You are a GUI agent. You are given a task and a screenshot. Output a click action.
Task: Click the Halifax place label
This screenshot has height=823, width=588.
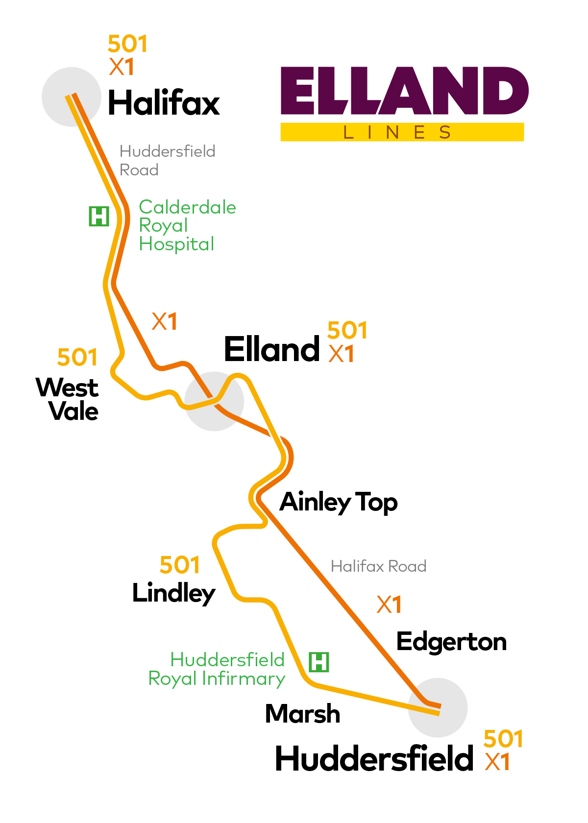click(164, 103)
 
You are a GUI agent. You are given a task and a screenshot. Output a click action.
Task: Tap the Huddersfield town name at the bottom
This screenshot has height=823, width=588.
click(374, 759)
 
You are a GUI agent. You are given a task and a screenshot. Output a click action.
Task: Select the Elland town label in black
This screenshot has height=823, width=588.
click(272, 349)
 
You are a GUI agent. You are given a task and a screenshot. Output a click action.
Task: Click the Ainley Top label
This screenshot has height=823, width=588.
click(339, 502)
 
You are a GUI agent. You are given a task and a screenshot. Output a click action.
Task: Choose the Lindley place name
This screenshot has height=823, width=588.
click(173, 593)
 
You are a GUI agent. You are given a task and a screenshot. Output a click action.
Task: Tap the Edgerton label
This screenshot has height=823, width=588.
click(451, 642)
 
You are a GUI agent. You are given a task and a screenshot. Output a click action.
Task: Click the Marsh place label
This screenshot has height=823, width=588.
click(302, 714)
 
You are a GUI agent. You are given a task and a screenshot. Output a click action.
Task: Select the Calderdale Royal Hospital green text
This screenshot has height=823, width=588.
click(187, 225)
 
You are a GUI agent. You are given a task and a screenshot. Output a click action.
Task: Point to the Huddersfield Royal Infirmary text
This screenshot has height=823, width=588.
click(217, 669)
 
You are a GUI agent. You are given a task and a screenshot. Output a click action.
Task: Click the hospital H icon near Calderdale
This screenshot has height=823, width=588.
click(99, 216)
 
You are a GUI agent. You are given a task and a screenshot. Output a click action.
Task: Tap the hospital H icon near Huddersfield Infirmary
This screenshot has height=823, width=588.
click(319, 662)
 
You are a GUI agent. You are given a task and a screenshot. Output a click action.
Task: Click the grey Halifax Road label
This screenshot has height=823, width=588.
click(378, 566)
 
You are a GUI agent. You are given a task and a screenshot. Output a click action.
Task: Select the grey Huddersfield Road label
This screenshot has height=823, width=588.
click(167, 160)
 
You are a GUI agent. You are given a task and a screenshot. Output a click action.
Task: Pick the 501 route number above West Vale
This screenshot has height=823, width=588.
click(77, 357)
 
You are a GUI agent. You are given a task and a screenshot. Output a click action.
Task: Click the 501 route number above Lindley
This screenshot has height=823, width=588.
click(180, 565)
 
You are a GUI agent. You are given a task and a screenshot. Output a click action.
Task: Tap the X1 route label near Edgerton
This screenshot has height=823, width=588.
click(389, 605)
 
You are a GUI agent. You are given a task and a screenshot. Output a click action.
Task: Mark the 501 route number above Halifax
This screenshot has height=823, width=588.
click(127, 44)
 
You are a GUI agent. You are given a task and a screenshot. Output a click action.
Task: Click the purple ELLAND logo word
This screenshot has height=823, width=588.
click(404, 91)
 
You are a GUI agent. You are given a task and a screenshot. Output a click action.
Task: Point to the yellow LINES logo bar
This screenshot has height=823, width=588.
click(402, 132)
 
